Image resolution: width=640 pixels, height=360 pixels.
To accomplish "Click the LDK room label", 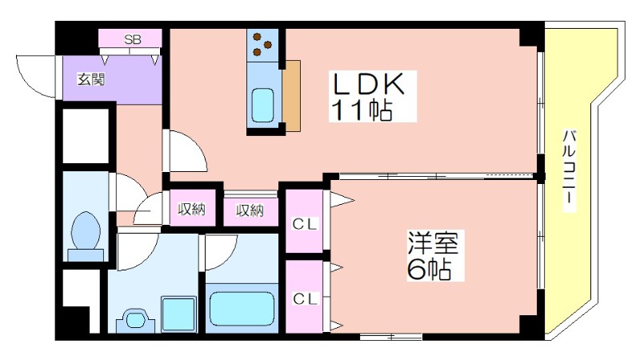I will [x=370, y=85].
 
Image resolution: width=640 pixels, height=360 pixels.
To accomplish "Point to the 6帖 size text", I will [x=427, y=269].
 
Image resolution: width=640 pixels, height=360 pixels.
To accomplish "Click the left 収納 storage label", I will [x=192, y=210].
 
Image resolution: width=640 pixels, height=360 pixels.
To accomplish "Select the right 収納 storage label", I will [x=250, y=210].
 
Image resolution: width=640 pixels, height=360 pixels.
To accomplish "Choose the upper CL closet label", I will [x=304, y=225].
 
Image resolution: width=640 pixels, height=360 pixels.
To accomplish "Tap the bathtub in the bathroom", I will [x=242, y=309].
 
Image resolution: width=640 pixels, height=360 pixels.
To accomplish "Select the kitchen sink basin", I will [x=263, y=103].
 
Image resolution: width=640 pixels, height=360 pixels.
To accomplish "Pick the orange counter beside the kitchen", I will [x=293, y=95].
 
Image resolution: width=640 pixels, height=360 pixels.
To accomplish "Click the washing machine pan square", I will [x=178, y=313].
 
